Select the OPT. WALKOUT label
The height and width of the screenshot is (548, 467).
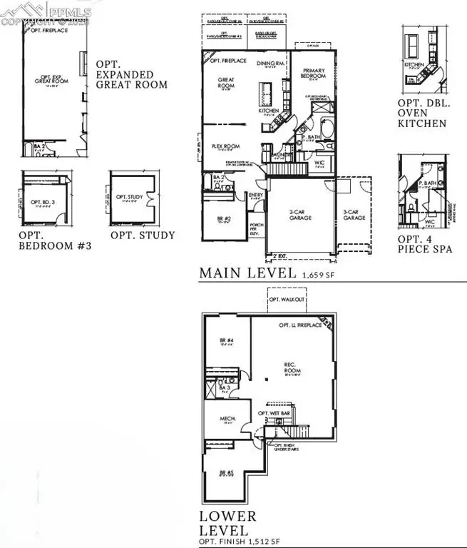click(x=286, y=300)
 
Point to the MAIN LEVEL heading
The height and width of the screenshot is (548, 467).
click(x=247, y=273)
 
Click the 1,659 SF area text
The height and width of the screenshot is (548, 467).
click(x=319, y=274)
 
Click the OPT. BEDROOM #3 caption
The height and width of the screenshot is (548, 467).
click(x=55, y=242)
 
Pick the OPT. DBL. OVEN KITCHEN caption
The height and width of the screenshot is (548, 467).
click(x=422, y=113)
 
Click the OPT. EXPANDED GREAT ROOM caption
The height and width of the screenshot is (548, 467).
click(x=131, y=74)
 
